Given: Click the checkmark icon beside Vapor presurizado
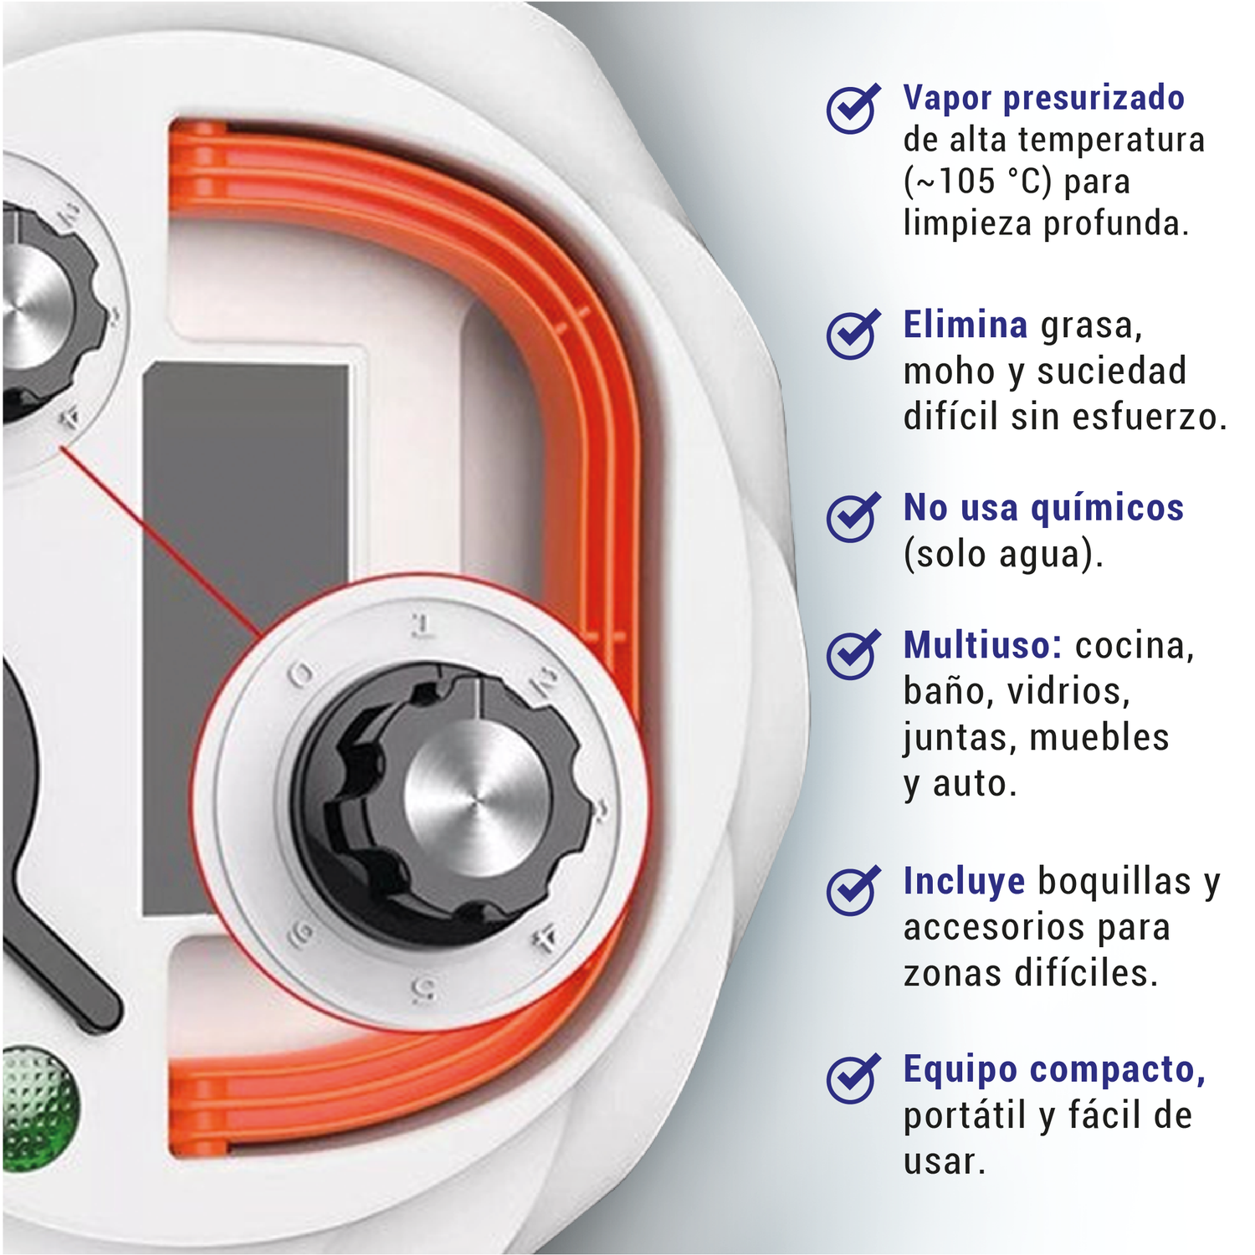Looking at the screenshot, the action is click(853, 109).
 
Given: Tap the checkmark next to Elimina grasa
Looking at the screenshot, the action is click(853, 334).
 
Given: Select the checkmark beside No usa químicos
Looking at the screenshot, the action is click(853, 517).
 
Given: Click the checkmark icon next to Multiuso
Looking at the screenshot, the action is click(853, 654).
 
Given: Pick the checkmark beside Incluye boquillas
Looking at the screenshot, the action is click(853, 890).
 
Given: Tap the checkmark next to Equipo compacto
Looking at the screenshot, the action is click(853, 1078).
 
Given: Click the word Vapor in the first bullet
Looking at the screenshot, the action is click(948, 98).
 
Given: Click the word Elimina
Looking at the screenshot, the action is click(966, 325).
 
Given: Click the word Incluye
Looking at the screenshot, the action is click(964, 882).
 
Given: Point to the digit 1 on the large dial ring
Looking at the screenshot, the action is click(422, 626).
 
